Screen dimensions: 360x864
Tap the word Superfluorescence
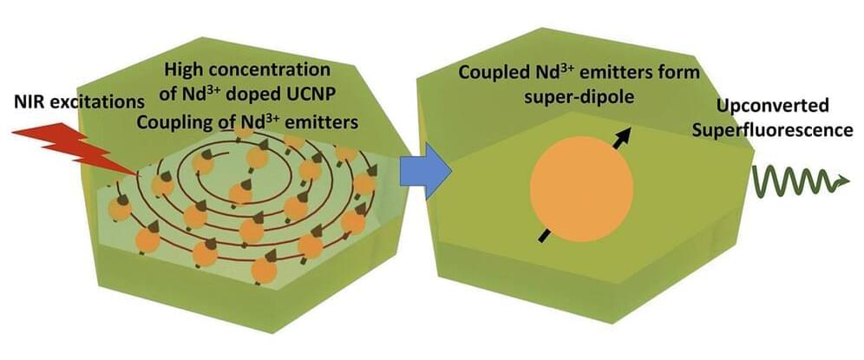coord(785,131)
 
